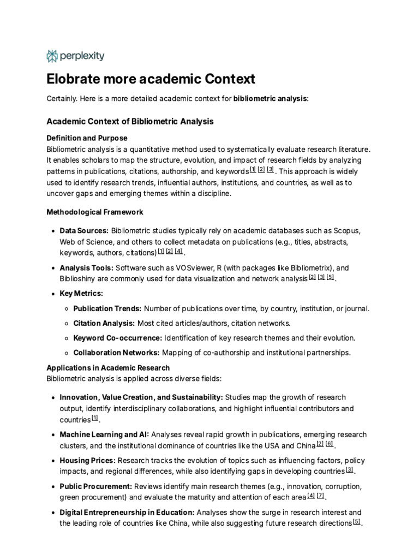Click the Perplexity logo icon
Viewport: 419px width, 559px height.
pyautogui.click(x=52, y=56)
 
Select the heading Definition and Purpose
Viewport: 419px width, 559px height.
pyautogui.click(x=87, y=138)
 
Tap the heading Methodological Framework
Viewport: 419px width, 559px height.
pyautogui.click(x=95, y=212)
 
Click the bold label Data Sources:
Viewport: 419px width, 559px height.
pyautogui.click(x=84, y=231)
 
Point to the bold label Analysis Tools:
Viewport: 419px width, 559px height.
pyautogui.click(x=86, y=268)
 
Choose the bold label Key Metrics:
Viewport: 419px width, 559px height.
pyautogui.click(x=81, y=294)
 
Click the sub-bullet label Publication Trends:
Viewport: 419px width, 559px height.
pyautogui.click(x=107, y=308)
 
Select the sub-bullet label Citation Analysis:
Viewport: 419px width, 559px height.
pyautogui.click(x=104, y=323)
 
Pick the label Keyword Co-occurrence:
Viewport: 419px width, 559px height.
pyautogui.click(x=117, y=338)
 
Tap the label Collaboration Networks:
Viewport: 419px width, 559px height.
pyautogui.click(x=116, y=353)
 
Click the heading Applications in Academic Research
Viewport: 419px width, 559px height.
pyautogui.click(x=108, y=368)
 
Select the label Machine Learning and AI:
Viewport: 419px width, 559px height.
pyautogui.click(x=104, y=435)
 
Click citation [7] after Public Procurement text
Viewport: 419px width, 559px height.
pyautogui.click(x=320, y=496)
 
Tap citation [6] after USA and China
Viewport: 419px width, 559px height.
pyautogui.click(x=329, y=444)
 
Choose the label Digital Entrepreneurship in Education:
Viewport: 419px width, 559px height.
pyautogui.click(x=127, y=512)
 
